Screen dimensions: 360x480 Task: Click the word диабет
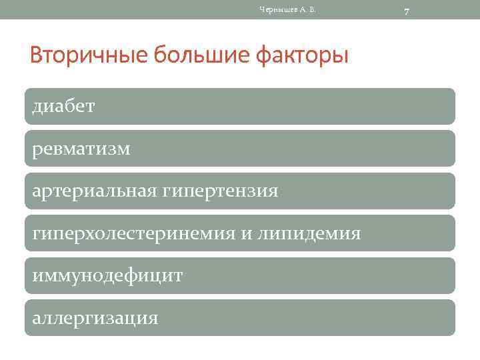(63, 107)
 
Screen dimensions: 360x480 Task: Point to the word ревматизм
(81, 149)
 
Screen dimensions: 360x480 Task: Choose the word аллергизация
(95, 318)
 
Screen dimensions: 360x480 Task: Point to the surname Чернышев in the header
(275, 9)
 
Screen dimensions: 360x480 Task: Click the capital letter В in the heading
(38, 55)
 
